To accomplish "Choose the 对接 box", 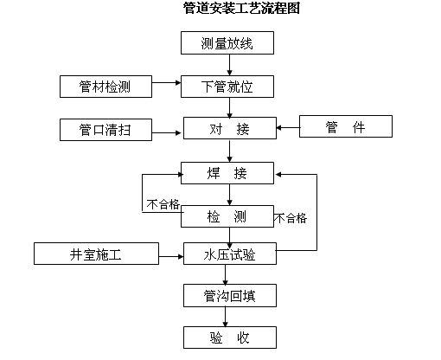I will point(229,129).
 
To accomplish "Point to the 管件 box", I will point(346,128).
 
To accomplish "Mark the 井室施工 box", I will point(96,254).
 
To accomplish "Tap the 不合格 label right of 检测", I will point(291,218).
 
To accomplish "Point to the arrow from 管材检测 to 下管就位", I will point(166,87).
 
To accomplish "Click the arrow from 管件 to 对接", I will point(287,129).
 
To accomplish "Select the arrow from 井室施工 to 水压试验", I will point(171,254).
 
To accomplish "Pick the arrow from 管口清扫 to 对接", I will point(168,130).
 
